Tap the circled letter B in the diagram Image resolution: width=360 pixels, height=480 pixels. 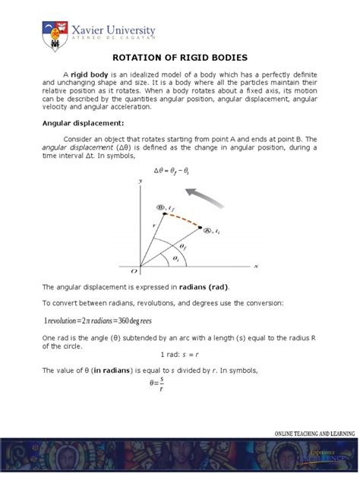pos(160,206)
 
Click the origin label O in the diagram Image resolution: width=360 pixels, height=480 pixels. pos(134,270)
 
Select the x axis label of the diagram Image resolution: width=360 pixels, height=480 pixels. pos(256,266)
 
